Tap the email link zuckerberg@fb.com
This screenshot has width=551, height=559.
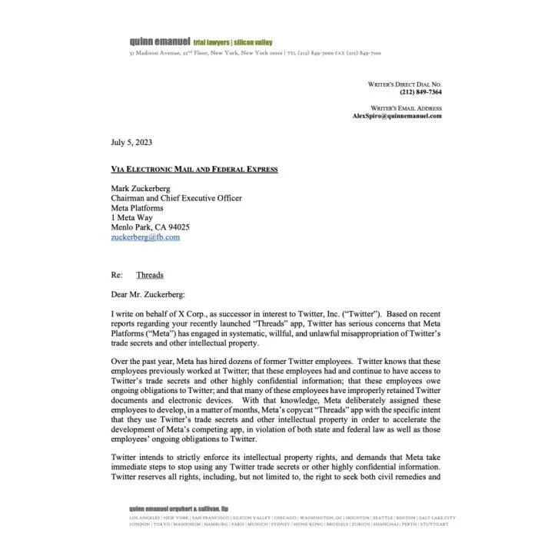tap(145, 238)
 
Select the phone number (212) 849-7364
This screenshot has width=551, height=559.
tap(420, 92)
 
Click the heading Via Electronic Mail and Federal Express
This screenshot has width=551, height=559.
tap(194, 169)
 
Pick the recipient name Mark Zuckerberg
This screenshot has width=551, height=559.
tap(144, 188)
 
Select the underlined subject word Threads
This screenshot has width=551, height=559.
tap(150, 275)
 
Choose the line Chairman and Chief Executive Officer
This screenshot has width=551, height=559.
tap(177, 198)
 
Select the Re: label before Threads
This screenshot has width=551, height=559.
tap(117, 275)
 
